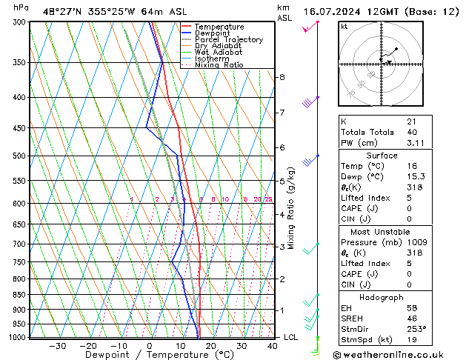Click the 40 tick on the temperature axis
coord(273,346)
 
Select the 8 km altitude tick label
coord(282,77)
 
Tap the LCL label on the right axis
coord(291,337)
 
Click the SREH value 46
coord(411,318)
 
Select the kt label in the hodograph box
coord(344,26)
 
